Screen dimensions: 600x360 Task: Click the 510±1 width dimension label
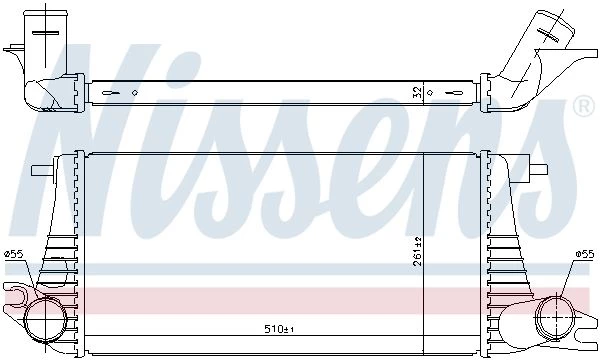point(279,329)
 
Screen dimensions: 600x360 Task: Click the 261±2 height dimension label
point(417,251)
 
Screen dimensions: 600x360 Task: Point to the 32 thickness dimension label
point(417,92)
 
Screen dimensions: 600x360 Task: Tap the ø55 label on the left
point(14,254)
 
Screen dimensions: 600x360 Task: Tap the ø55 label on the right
point(585,254)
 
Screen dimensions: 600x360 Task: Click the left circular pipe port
point(46,320)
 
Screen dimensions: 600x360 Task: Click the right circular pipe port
point(556,318)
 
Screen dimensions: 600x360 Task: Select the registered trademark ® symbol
point(584,107)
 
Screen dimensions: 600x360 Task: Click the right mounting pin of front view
point(538,169)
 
